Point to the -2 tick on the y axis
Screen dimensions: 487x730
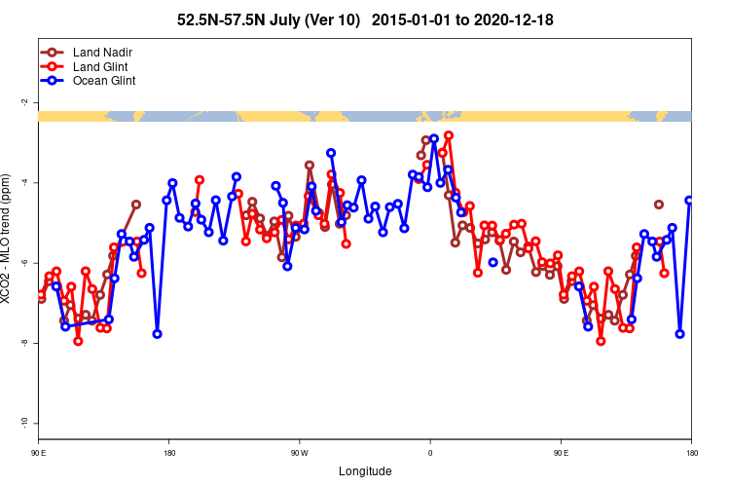[24, 102]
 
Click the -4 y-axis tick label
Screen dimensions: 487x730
[24, 183]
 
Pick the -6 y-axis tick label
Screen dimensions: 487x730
[24, 263]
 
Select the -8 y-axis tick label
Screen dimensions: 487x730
[24, 344]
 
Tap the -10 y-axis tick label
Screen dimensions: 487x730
[24, 423]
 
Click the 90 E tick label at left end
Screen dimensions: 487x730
[38, 453]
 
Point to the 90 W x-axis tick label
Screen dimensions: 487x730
[299, 453]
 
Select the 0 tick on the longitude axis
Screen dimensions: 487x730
[430, 453]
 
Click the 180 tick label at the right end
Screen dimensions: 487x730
[691, 453]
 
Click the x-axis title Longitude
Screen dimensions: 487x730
[365, 471]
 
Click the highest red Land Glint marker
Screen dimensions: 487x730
[449, 135]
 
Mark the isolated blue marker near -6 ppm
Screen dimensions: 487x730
[493, 262]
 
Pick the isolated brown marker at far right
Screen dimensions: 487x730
[659, 205]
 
